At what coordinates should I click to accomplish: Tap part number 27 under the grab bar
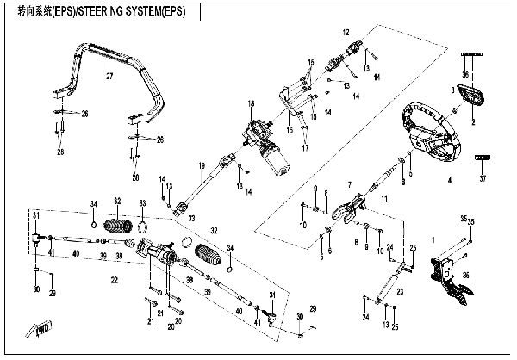109,77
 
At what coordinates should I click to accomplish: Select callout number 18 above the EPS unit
252,104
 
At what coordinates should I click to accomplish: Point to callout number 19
199,165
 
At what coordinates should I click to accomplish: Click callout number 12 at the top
345,32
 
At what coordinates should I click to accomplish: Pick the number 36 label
466,76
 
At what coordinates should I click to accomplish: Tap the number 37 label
483,178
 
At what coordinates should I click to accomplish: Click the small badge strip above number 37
483,159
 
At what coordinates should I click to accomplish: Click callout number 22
113,280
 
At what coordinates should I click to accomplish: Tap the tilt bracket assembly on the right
452,278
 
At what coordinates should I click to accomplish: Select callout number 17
304,147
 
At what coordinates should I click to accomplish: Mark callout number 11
384,199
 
